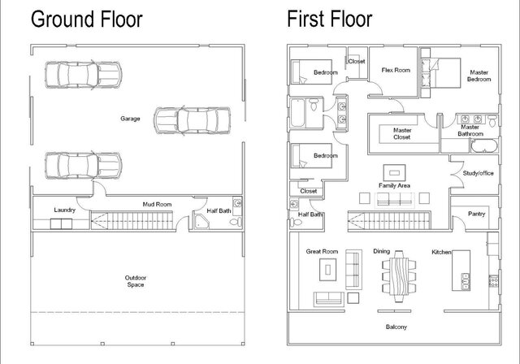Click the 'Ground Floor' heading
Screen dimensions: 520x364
(x=87, y=19)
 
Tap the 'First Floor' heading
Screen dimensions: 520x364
(x=329, y=19)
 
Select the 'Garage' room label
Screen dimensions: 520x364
(x=130, y=119)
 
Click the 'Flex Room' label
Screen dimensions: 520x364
(x=396, y=70)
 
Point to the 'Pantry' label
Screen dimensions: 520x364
(x=477, y=214)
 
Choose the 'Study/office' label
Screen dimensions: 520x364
(x=478, y=173)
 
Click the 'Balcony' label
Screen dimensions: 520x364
(x=396, y=327)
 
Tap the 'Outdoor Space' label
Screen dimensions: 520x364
(x=136, y=281)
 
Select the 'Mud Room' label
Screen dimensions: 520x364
(x=157, y=204)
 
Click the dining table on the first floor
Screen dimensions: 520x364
(x=399, y=276)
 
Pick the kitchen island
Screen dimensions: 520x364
(x=461, y=271)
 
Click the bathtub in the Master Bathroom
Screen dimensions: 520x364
(x=484, y=146)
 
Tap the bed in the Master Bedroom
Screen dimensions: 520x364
(x=440, y=73)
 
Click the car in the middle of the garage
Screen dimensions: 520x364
(x=192, y=121)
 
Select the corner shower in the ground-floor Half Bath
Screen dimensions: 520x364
(x=201, y=221)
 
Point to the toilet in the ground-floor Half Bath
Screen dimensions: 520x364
(x=236, y=222)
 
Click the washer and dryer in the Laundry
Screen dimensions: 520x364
(x=61, y=223)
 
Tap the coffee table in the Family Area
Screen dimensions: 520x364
(x=394, y=173)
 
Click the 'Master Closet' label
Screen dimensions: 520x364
(x=402, y=133)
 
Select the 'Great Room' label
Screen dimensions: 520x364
(x=322, y=252)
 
